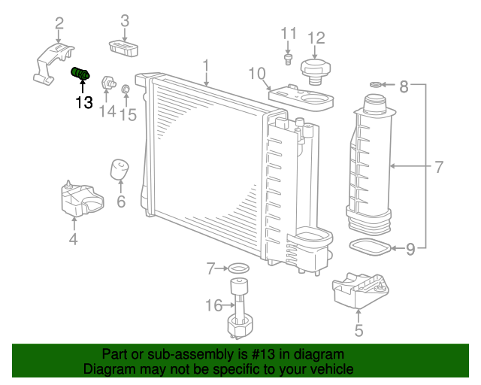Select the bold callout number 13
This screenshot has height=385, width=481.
pyautogui.click(x=83, y=102)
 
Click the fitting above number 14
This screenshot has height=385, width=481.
pyautogui.click(x=109, y=80)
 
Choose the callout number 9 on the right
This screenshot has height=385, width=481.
pyautogui.click(x=410, y=248)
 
